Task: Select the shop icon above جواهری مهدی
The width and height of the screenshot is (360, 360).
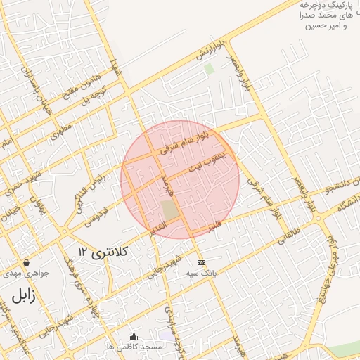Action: click(x=26, y=262)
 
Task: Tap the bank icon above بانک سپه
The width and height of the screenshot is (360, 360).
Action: click(x=202, y=262)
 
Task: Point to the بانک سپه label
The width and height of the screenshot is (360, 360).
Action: click(x=201, y=272)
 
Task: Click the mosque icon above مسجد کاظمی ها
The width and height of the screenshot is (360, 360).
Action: click(x=134, y=336)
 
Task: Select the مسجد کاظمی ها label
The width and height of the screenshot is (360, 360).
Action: click(x=131, y=347)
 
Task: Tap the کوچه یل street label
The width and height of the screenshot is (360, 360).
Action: click(x=95, y=96)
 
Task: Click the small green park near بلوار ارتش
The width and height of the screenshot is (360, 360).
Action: click(x=209, y=69)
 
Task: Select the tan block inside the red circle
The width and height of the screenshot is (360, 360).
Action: click(x=169, y=210)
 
